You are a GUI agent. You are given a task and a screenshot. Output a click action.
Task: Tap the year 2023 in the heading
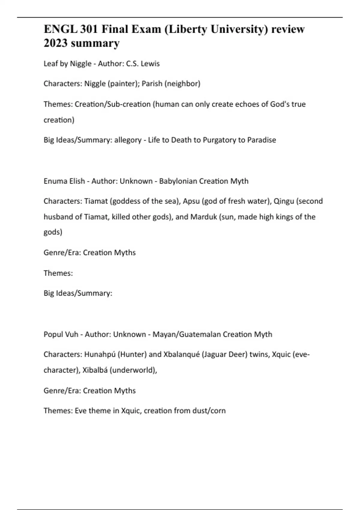[x=55, y=43]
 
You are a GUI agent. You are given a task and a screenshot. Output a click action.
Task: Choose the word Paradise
[x=262, y=140]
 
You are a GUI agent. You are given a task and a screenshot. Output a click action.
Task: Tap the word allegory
[x=128, y=140]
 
